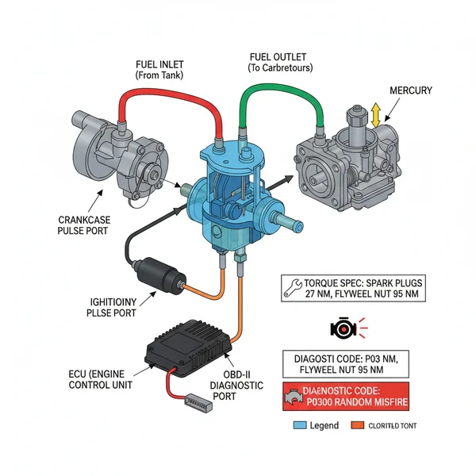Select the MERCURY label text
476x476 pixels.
click(411, 90)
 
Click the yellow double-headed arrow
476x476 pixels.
click(376, 116)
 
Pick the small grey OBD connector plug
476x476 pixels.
click(194, 402)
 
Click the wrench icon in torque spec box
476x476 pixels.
click(293, 283)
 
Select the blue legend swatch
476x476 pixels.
click(298, 426)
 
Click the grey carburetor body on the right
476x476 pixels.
click(349, 167)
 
